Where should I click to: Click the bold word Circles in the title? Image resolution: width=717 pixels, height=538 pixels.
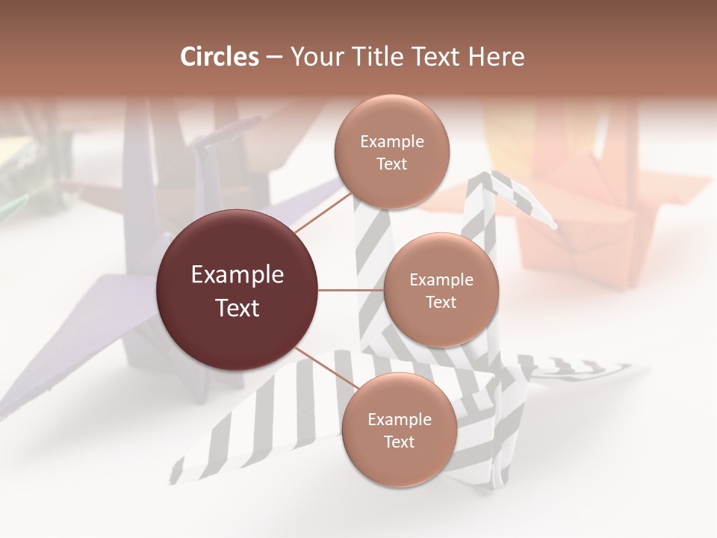coord(220,57)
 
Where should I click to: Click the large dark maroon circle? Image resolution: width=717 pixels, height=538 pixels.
coord(238,291)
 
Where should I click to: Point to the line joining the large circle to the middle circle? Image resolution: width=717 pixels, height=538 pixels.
coord(351,290)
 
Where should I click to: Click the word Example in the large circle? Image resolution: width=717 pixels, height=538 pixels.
coord(238,275)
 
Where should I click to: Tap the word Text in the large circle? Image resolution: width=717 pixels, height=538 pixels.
coord(238,308)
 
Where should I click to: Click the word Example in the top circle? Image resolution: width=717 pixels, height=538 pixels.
coord(391,142)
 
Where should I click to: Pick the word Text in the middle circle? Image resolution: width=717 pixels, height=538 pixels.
coord(441,302)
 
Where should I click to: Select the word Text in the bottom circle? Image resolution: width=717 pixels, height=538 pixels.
coord(399,442)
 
